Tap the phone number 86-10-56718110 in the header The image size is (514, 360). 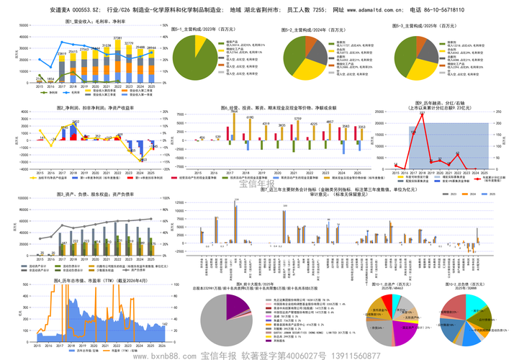441,11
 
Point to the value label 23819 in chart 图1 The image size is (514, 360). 62,53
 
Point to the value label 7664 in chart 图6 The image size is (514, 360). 233,111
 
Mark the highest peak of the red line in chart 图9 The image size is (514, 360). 421,115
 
